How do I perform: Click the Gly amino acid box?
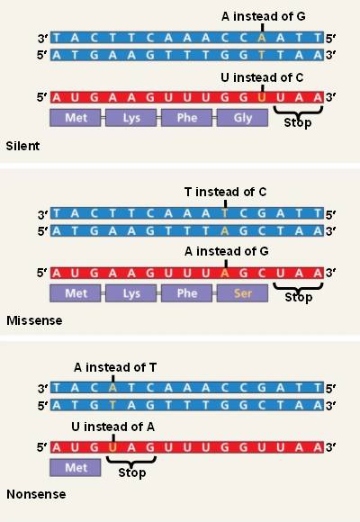pyautogui.click(x=242, y=118)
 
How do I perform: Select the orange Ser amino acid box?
pyautogui.click(x=242, y=293)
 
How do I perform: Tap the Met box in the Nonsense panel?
pyautogui.click(x=76, y=468)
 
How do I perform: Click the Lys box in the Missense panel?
pyautogui.click(x=130, y=293)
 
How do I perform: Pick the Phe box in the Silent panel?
pyautogui.click(x=186, y=118)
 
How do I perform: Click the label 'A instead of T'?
pyautogui.click(x=115, y=367)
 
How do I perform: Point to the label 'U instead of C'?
pyautogui.click(x=262, y=77)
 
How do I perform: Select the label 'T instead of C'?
pyautogui.click(x=225, y=192)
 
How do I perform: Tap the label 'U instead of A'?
pyautogui.click(x=112, y=427)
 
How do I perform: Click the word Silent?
pyautogui.click(x=22, y=146)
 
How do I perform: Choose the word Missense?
pyautogui.click(x=34, y=320)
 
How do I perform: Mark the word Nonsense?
pyautogui.click(x=36, y=494)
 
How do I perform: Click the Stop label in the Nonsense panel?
pyautogui.click(x=132, y=472)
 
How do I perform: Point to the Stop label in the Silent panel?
pyautogui.click(x=298, y=122)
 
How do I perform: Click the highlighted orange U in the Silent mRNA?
pyautogui.click(x=262, y=98)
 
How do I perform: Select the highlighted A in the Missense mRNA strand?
pyautogui.click(x=225, y=274)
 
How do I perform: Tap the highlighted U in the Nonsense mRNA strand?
pyautogui.click(x=112, y=447)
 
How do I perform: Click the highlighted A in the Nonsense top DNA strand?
pyautogui.click(x=112, y=388)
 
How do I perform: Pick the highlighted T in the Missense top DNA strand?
pyautogui.click(x=225, y=213)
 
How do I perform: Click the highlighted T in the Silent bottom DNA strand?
pyautogui.click(x=262, y=55)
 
